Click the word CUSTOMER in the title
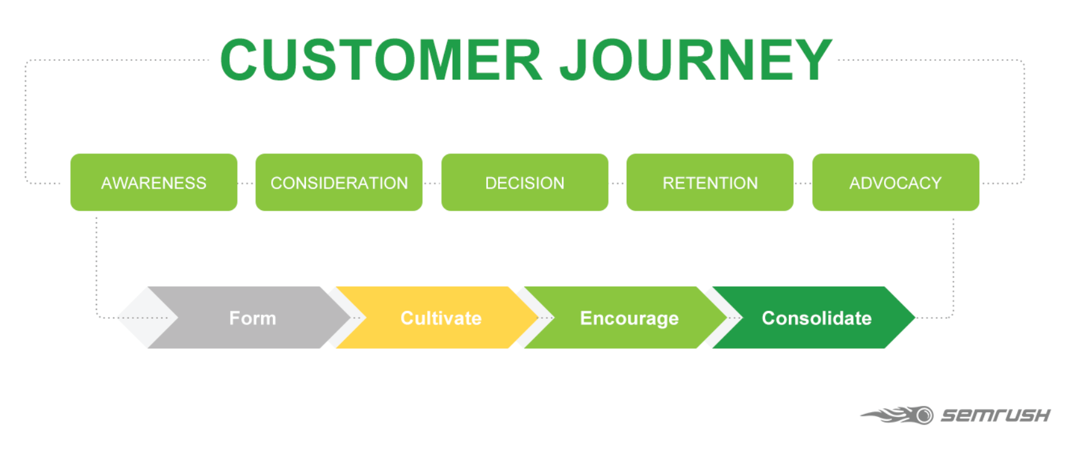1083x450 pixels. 381,60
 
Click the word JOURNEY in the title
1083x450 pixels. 696,60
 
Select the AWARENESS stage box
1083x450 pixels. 154,183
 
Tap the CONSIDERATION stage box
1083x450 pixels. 339,183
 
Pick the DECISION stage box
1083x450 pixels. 525,183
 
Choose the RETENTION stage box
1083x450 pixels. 710,183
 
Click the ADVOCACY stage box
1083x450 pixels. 895,183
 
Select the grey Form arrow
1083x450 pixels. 252,318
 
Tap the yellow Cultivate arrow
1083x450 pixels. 441,318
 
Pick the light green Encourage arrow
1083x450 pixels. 629,318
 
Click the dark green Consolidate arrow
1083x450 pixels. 816,318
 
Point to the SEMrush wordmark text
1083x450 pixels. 995,415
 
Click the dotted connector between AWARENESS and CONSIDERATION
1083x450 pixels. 246,183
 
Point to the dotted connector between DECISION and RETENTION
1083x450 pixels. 617,183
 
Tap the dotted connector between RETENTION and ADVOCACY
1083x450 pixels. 803,183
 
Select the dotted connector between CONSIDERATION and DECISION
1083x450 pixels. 432,183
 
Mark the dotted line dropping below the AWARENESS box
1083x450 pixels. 96,261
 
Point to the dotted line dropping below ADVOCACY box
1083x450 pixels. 953,261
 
